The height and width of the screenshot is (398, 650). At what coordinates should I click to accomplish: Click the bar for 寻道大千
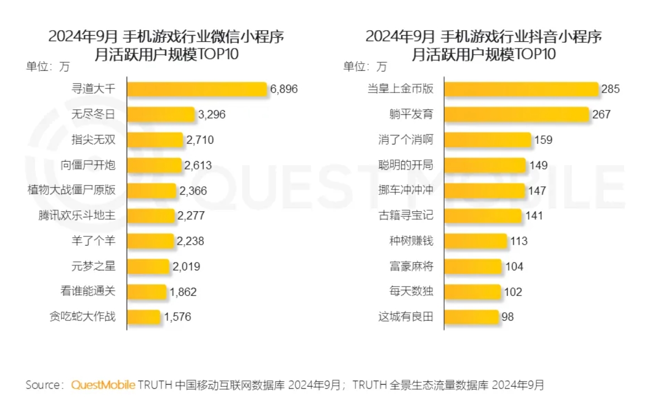click(x=198, y=89)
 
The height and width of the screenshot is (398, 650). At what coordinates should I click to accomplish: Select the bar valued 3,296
click(x=161, y=115)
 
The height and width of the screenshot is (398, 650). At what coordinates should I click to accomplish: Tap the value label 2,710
click(x=200, y=140)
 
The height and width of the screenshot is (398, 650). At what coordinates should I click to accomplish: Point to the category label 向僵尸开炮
click(x=88, y=165)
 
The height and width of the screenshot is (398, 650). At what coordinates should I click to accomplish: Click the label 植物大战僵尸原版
click(x=71, y=190)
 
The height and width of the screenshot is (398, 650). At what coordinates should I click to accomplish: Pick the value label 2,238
click(x=191, y=241)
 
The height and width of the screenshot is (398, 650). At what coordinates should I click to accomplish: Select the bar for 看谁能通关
click(x=147, y=292)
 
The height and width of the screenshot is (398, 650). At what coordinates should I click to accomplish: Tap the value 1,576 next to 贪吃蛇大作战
click(x=177, y=317)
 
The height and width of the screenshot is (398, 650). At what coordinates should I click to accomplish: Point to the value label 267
click(x=601, y=115)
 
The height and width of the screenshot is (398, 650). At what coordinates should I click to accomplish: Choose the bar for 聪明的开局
click(x=485, y=165)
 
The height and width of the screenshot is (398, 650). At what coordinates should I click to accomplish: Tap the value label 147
click(x=537, y=190)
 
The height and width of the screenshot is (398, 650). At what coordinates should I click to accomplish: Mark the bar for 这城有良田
click(x=471, y=317)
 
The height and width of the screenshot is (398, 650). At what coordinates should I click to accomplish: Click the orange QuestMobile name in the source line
click(x=103, y=385)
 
